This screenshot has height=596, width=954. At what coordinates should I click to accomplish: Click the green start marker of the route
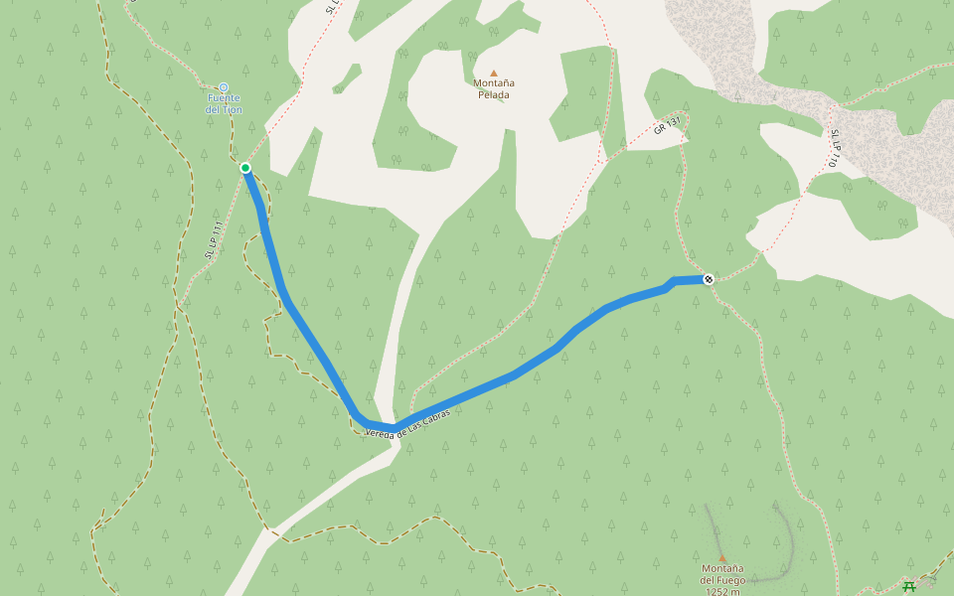click(245, 168)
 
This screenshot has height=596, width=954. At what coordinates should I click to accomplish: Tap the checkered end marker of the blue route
click(708, 279)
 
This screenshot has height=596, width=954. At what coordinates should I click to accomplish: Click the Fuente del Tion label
click(223, 103)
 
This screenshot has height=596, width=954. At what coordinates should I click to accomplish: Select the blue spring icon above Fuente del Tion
click(223, 87)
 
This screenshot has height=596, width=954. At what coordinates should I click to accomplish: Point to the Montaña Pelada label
click(493, 88)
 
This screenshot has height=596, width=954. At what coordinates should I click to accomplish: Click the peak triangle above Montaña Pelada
click(493, 73)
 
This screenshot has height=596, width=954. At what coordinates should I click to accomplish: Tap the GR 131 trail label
click(667, 126)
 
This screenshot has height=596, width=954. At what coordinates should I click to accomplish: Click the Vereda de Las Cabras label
click(414, 423)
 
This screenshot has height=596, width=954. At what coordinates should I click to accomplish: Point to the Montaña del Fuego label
click(722, 574)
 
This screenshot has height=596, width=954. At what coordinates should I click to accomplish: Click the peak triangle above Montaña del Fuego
click(722, 558)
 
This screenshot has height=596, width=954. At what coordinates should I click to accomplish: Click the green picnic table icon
click(908, 587)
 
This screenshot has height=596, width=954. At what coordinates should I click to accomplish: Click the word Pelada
click(494, 95)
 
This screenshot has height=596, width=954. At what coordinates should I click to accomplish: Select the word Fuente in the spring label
click(224, 97)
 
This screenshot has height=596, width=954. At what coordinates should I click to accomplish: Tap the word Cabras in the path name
click(447, 412)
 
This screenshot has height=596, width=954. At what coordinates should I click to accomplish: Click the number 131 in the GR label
click(674, 122)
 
